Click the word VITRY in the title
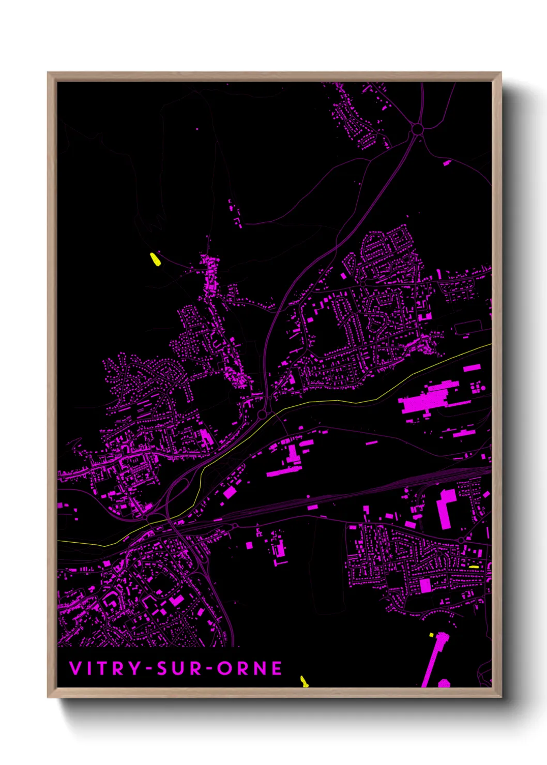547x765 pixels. tap(105, 668)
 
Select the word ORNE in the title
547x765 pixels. tap(250, 668)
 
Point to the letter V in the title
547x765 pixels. tap(75, 668)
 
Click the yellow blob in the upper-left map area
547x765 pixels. tap(154, 259)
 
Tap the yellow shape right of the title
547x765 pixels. tap(304, 682)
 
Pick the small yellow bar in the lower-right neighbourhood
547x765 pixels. tap(474, 567)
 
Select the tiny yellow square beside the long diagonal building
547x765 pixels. tap(431, 634)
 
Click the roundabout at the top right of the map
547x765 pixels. tap(417, 129)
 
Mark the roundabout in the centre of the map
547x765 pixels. tap(263, 415)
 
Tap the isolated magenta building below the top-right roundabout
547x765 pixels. tap(447, 163)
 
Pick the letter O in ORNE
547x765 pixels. tap(224, 668)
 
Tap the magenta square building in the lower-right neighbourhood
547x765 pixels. tap(425, 585)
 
